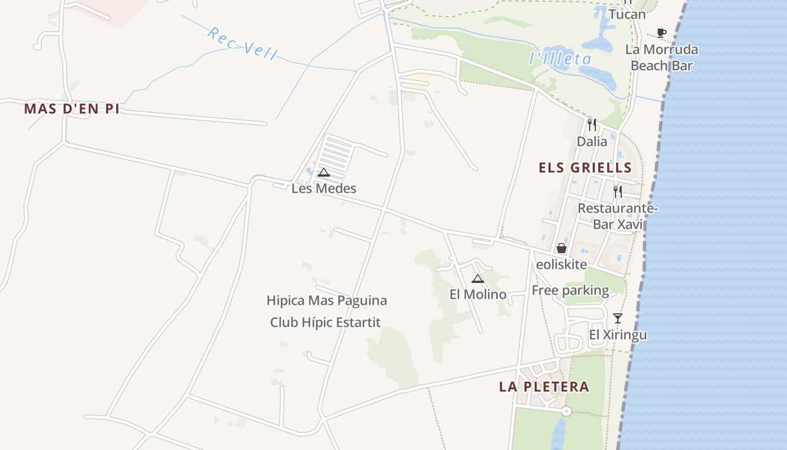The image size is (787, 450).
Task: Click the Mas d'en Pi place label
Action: pos(71,109)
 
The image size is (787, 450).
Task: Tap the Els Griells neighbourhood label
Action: pos(585,168)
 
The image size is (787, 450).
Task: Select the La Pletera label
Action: pos(544,386)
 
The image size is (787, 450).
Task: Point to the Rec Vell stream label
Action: pos(242,43)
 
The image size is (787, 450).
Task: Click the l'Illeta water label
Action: pos(560,58)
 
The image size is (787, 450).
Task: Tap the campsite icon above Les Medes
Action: pos(323,172)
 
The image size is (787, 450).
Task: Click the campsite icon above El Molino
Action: pos(478,278)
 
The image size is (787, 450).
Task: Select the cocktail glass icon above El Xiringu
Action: pos(618,318)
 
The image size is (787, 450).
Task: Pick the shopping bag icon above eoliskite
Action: pos(561,248)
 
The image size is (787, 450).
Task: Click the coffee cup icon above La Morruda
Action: pos(662,33)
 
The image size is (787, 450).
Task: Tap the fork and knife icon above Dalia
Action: pos(592,124)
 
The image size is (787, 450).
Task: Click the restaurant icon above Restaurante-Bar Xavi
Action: pos(618,192)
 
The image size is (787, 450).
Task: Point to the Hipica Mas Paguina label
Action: pos(327,300)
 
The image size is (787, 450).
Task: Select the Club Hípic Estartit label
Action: pos(325,322)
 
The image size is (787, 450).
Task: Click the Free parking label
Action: pos(570,290)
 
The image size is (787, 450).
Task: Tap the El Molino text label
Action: pos(478,294)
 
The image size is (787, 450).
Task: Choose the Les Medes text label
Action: pos(324,188)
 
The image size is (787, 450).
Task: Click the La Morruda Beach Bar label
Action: pos(662,57)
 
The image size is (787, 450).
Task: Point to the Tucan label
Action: pos(627,14)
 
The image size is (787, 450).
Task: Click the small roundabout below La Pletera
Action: pos(566,412)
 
